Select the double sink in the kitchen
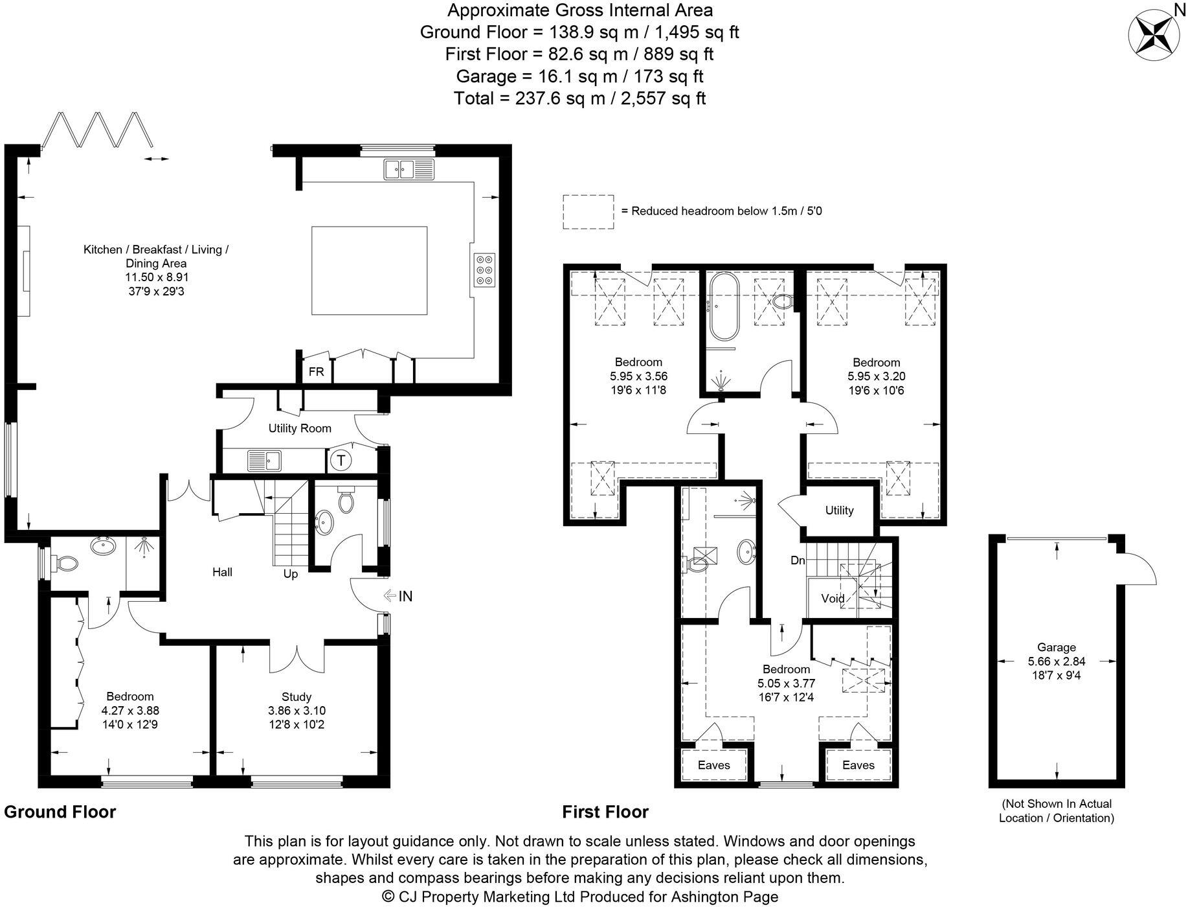tap(409, 169)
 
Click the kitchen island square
tap(369, 270)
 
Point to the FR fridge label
tap(316, 372)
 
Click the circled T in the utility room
tap(341, 461)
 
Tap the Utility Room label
tap(300, 428)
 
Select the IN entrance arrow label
tap(398, 596)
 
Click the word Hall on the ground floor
tap(222, 572)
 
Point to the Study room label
tap(297, 696)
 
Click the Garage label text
tap(1057, 647)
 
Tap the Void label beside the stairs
tap(833, 598)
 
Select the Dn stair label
tap(798, 560)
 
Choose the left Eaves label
tap(714, 765)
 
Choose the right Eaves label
tap(858, 765)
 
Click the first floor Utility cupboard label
tap(840, 511)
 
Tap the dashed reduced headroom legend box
tap(588, 212)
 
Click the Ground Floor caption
tap(60, 812)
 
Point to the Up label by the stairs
tap(291, 574)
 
